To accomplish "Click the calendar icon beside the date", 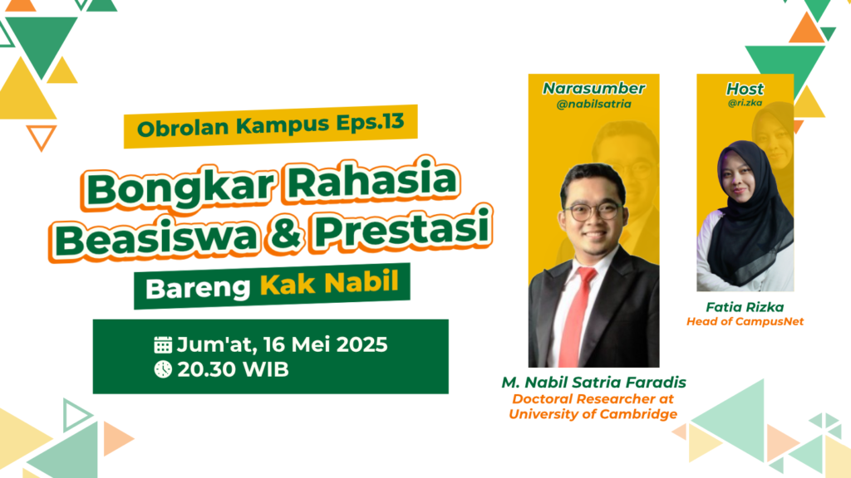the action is pyautogui.click(x=163, y=344).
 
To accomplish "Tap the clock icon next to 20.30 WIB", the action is pyautogui.click(x=163, y=369).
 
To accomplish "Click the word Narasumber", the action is pyautogui.click(x=593, y=88).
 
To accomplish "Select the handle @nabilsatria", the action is pyautogui.click(x=593, y=104).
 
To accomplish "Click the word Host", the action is pyautogui.click(x=745, y=89).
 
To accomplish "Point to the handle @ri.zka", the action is pyautogui.click(x=745, y=102).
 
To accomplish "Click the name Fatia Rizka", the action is pyautogui.click(x=745, y=307).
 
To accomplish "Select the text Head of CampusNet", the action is pyautogui.click(x=745, y=321).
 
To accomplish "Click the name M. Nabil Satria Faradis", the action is pyautogui.click(x=593, y=383).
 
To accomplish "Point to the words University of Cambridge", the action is pyautogui.click(x=593, y=414).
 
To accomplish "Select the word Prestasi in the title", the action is pyautogui.click(x=402, y=227).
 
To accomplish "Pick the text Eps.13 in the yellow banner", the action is pyautogui.click(x=370, y=122).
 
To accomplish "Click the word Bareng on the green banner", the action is pyautogui.click(x=198, y=288).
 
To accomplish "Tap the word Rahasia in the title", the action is pyautogui.click(x=372, y=180).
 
